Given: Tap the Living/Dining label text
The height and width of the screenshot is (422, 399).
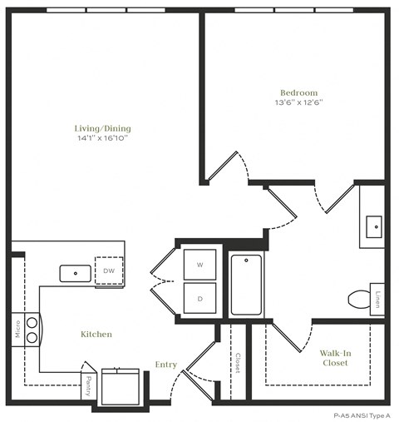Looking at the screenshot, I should tap(102, 128).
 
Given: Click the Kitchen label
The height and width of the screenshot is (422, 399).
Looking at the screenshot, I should tap(96, 334).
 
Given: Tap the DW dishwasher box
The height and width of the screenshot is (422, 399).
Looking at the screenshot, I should tap(109, 271).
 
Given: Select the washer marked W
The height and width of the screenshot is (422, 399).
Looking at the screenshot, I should tap(199, 265).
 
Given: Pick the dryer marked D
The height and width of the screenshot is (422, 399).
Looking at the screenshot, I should tap(199, 297).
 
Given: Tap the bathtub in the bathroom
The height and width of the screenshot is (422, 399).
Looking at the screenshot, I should tap(246, 285).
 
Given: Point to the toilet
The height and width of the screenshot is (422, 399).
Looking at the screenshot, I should tap(360, 297).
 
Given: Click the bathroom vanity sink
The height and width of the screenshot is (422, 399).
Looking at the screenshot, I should tap(373, 224).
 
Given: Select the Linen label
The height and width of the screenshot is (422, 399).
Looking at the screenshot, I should tap(377, 298).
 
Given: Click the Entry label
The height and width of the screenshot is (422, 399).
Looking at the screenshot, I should tap(166, 365).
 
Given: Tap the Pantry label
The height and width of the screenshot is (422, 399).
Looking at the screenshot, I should tap(89, 385).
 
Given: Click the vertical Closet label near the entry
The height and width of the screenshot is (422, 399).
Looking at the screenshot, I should tap(238, 362).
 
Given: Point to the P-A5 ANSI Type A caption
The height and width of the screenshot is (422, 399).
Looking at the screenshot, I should tap(362, 414).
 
